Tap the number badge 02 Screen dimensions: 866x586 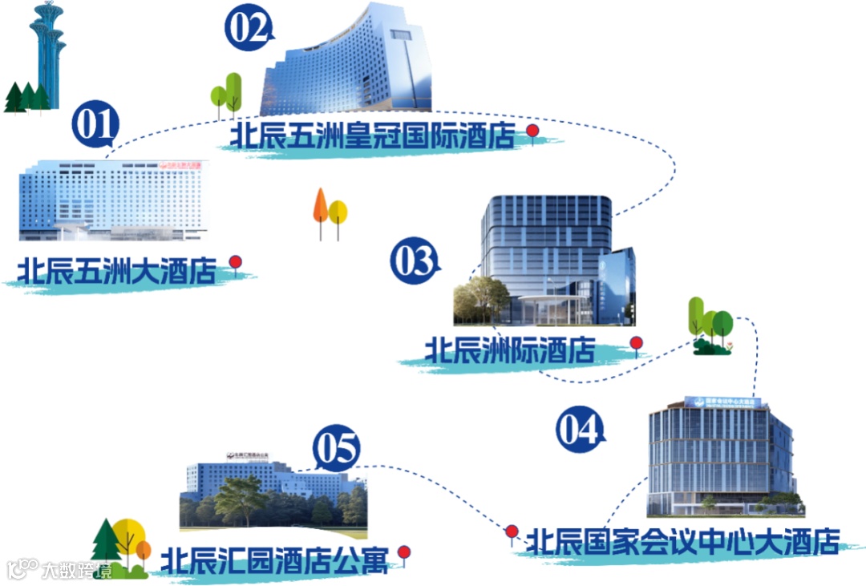tap(248, 29)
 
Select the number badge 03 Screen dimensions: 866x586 tap(415, 262)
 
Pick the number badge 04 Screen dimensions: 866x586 tap(579, 429)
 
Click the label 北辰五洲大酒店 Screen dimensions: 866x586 tap(118, 271)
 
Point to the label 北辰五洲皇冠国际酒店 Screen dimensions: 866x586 tap(373, 135)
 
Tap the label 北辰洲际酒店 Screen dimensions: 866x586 tap(510, 350)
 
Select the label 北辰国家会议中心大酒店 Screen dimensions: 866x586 tap(682, 541)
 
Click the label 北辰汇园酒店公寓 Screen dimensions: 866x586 tap(275, 560)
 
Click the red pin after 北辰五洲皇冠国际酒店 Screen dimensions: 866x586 tap(532, 131)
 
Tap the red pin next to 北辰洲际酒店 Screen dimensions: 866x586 tap(636, 345)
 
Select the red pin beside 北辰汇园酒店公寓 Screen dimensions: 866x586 tap(405, 553)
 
